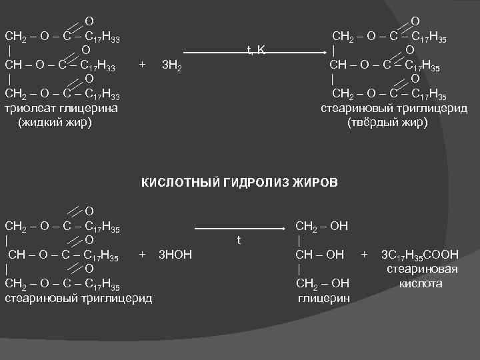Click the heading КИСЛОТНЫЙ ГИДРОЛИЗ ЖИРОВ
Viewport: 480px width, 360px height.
click(239, 182)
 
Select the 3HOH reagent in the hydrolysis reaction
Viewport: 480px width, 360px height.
click(175, 254)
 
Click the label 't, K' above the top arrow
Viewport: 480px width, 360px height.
click(256, 50)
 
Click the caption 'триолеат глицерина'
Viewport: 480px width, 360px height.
click(61, 109)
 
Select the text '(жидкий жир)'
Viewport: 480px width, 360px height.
click(55, 123)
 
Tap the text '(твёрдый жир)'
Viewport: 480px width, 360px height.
click(386, 123)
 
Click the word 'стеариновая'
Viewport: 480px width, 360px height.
click(423, 269)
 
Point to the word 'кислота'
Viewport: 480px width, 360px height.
click(421, 283)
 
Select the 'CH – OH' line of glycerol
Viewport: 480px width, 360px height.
click(320, 254)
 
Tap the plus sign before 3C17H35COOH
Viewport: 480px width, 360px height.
click(364, 253)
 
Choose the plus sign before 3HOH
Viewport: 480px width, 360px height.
click(142, 253)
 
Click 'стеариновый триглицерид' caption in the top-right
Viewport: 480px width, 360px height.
click(394, 109)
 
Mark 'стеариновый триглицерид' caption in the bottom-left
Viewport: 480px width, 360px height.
click(78, 297)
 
